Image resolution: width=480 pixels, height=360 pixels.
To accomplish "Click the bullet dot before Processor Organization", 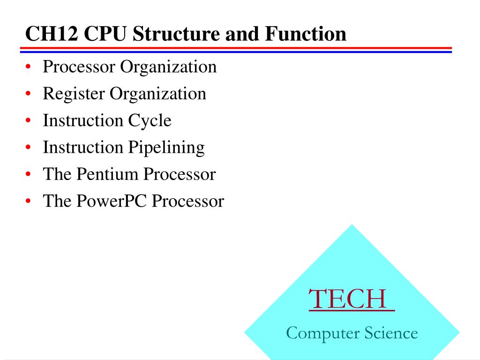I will pyautogui.click(x=29, y=67).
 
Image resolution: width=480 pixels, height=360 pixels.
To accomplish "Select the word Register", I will pyautogui.click(x=74, y=94).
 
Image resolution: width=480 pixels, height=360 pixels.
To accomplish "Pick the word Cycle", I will pyautogui.click(x=150, y=121).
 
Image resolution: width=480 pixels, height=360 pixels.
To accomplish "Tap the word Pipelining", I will pyautogui.click(x=166, y=148).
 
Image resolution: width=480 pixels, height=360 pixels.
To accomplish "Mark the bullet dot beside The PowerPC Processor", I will pyautogui.click(x=29, y=202).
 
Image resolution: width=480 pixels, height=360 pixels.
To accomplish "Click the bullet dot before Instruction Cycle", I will pyautogui.click(x=29, y=121).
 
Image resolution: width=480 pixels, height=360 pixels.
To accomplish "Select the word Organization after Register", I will pyautogui.click(x=158, y=94).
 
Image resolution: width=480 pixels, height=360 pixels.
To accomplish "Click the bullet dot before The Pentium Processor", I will pyautogui.click(x=29, y=175).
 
